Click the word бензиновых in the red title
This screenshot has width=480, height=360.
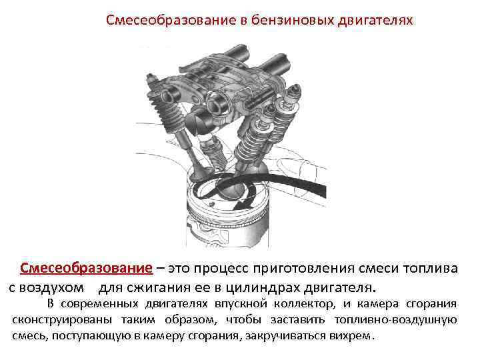pos(293,20)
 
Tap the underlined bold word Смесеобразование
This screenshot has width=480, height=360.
pos(86,268)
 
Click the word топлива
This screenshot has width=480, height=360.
pos(430,269)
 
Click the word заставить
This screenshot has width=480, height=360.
pos(297,320)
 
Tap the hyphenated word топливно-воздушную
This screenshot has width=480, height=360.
pos(395,320)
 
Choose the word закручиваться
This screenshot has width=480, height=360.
pos(285,336)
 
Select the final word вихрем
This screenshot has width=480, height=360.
pos(350,336)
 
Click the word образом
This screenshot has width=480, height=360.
pos(191,320)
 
